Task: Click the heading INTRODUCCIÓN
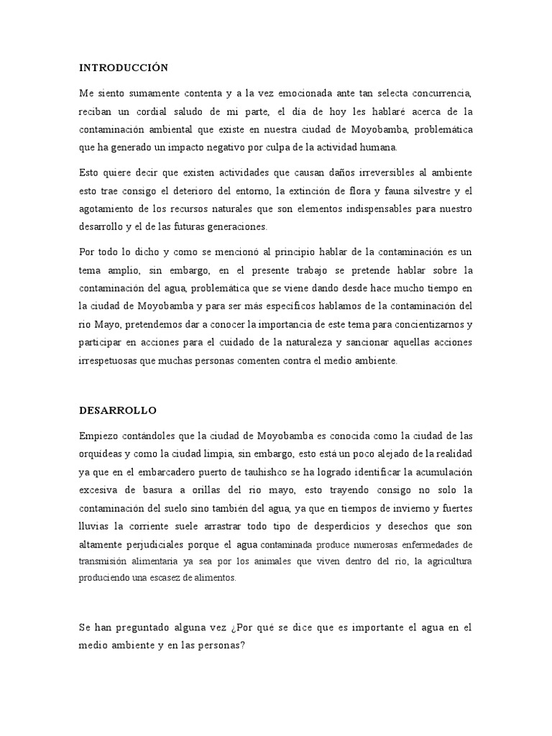[x=123, y=68]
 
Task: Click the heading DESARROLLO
[x=117, y=410]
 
